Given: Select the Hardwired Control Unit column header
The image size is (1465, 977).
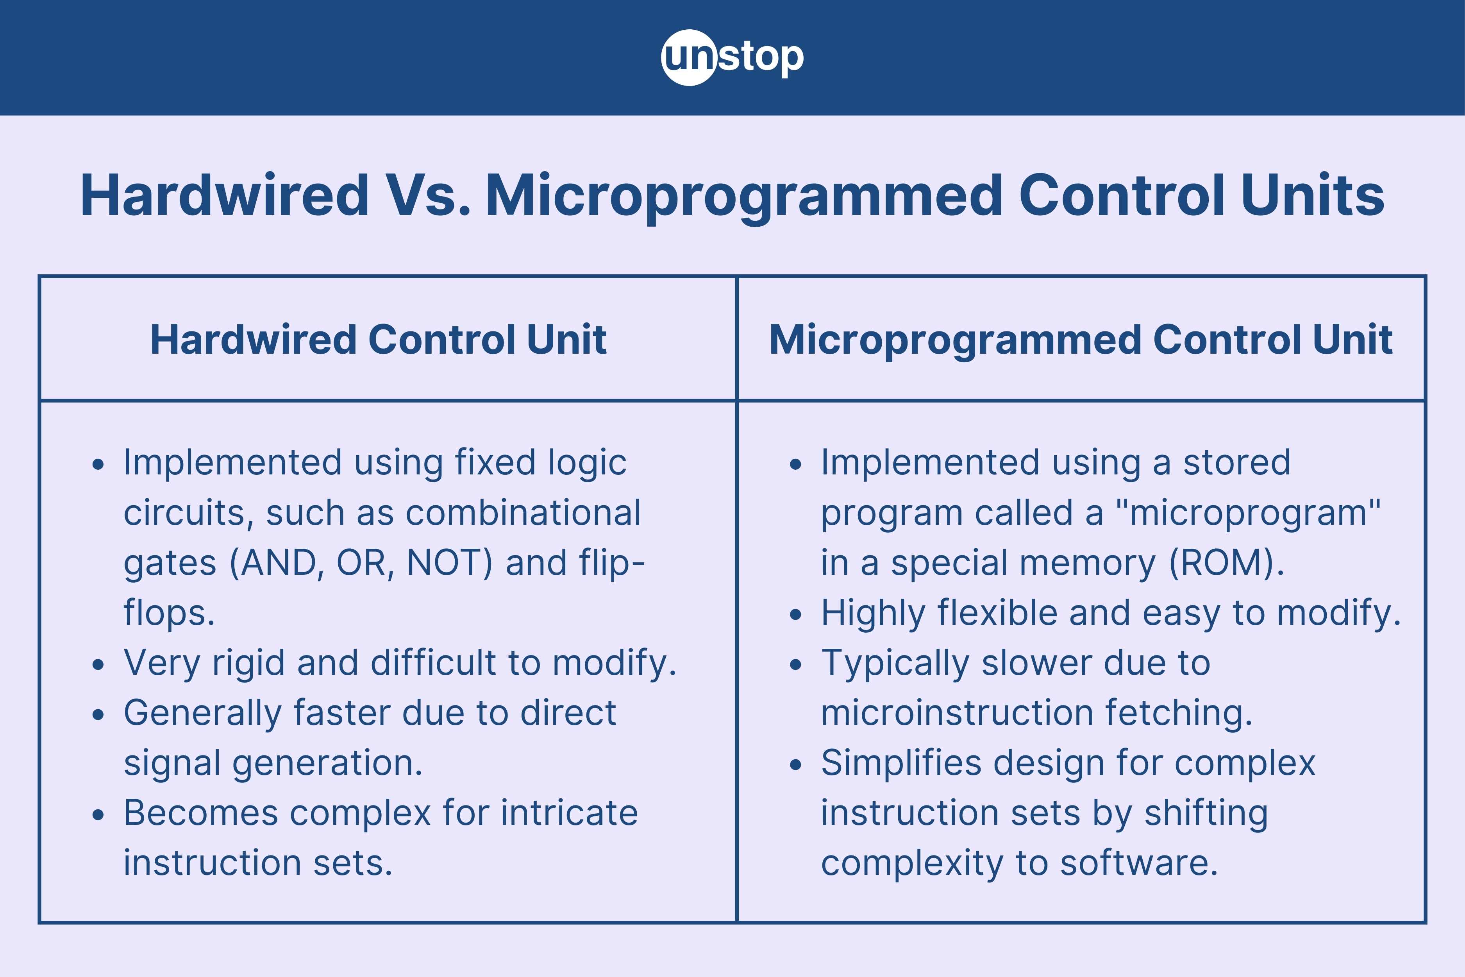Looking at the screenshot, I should [x=378, y=340].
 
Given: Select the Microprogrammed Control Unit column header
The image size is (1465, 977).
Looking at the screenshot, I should [x=1081, y=340].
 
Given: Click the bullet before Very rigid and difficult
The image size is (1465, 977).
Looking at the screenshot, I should [x=98, y=665].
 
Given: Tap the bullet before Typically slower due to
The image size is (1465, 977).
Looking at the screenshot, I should [x=795, y=665].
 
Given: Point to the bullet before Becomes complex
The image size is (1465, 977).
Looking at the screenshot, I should [x=98, y=815].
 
